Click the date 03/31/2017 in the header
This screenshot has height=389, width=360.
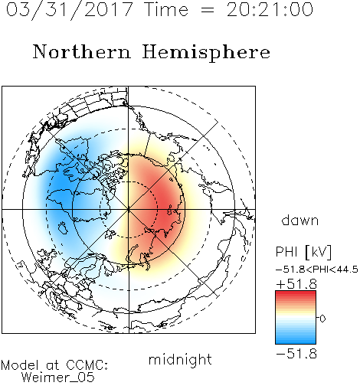pyautogui.click(x=69, y=10)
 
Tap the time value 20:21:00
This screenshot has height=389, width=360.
pyautogui.click(x=270, y=9)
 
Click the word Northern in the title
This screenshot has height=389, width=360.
pyautogui.click(x=82, y=51)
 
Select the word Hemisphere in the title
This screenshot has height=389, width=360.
pyautogui.click(x=206, y=53)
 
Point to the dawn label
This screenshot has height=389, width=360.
pyautogui.click(x=300, y=220)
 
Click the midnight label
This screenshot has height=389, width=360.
pyautogui.click(x=180, y=360)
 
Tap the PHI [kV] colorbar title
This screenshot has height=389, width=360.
pyautogui.click(x=303, y=252)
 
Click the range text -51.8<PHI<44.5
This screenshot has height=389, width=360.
pyautogui.click(x=317, y=270)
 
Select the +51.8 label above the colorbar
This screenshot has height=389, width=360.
pyautogui.click(x=296, y=284)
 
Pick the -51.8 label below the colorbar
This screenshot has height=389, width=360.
pyautogui.click(x=296, y=354)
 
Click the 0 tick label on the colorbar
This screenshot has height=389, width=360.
pyautogui.click(x=322, y=319)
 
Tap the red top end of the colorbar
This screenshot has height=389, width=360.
pyautogui.click(x=296, y=293)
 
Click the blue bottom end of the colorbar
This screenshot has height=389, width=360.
pyautogui.click(x=296, y=342)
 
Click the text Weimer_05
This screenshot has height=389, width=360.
pyautogui.click(x=58, y=378)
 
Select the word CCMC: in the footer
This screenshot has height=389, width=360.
pyautogui.click(x=87, y=365)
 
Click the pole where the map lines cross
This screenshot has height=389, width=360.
pyautogui.click(x=129, y=209)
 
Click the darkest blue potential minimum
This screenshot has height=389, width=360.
pyautogui.click(x=61, y=189)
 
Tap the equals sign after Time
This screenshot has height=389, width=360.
pyautogui.click(x=207, y=10)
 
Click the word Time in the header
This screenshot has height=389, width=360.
pyautogui.click(x=166, y=9)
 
